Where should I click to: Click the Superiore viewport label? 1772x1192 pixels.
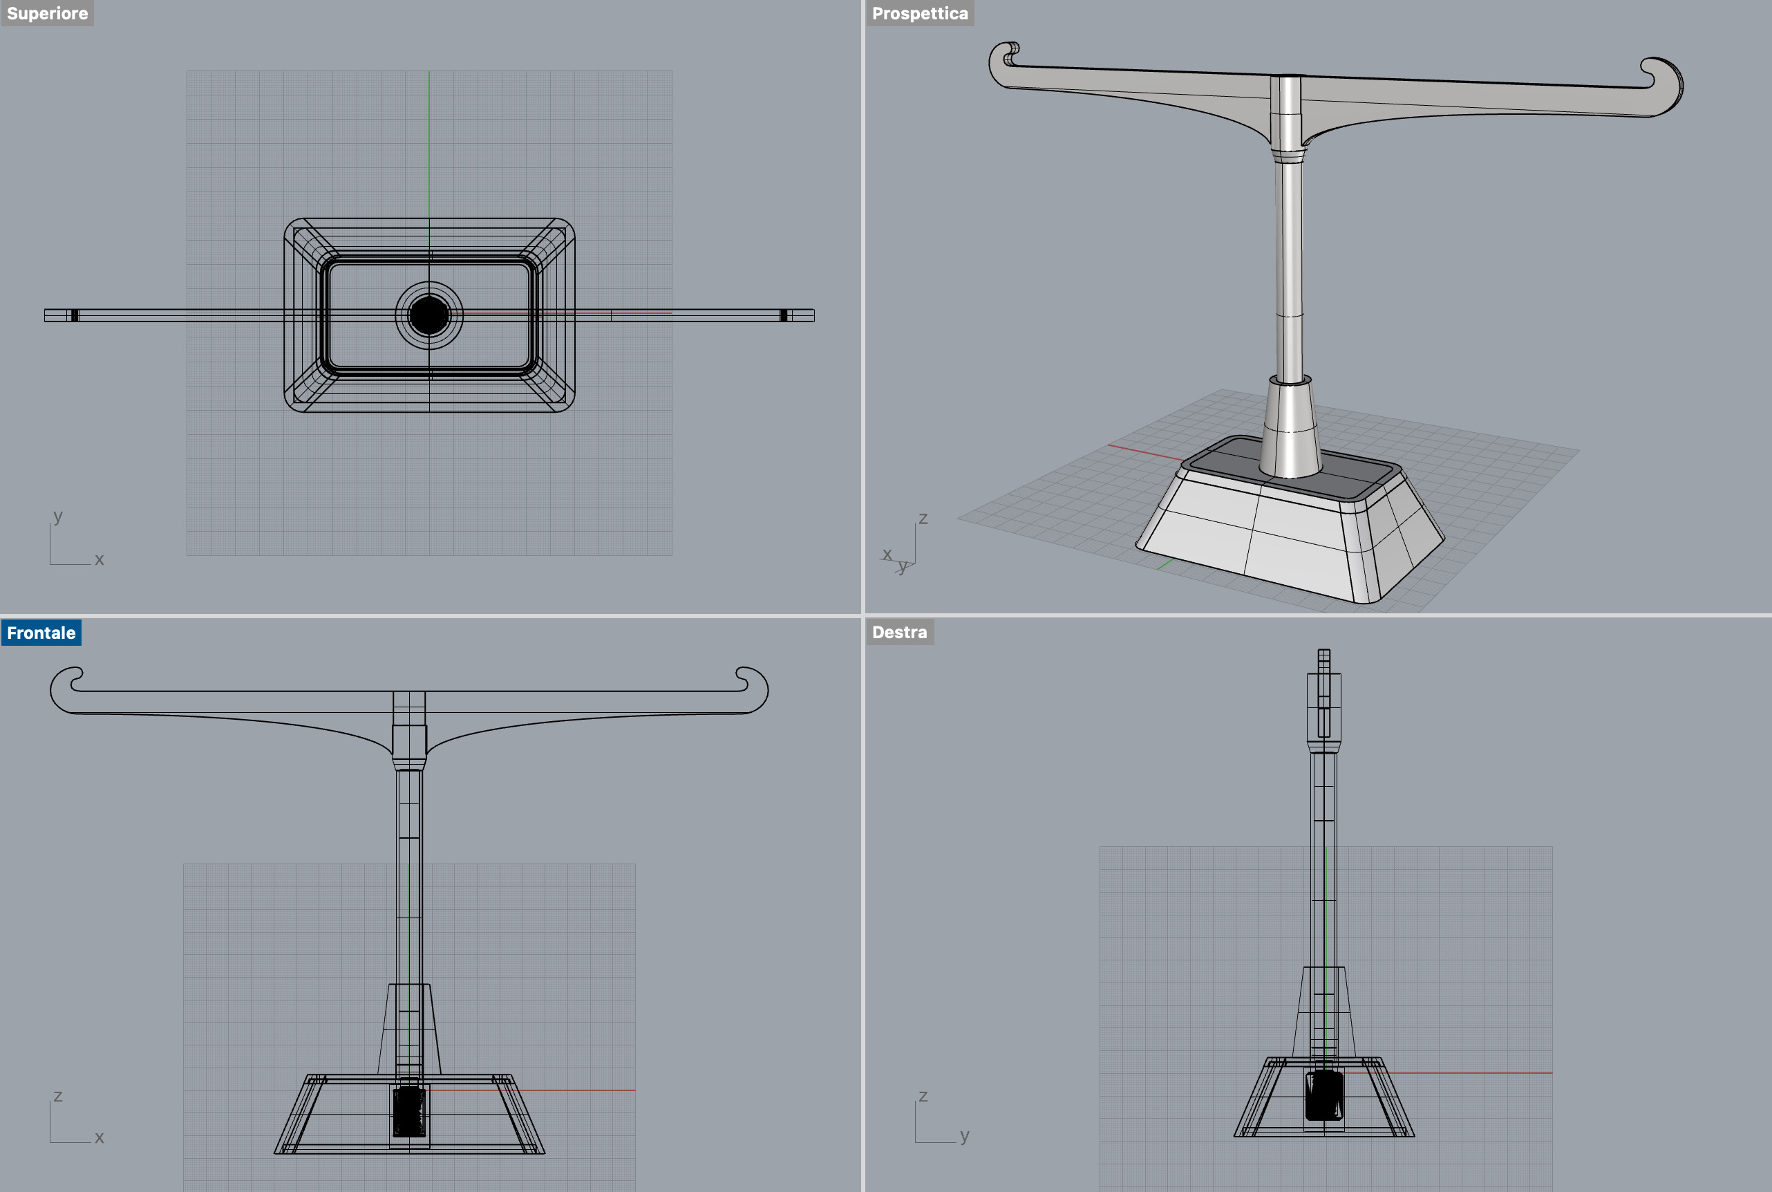(x=47, y=14)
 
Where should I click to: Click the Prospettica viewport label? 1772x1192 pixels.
(x=919, y=14)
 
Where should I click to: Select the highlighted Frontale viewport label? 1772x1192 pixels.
(x=41, y=633)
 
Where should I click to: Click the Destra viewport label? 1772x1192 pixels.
(x=899, y=633)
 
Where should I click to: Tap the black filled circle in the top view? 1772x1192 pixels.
(x=428, y=315)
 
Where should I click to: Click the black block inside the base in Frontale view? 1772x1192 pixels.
(x=409, y=1110)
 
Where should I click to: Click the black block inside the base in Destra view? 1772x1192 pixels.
(x=1323, y=1095)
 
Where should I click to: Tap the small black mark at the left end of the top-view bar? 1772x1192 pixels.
(x=75, y=315)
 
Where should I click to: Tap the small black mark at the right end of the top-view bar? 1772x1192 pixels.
(x=784, y=315)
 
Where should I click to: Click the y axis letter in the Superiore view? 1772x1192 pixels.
(x=58, y=516)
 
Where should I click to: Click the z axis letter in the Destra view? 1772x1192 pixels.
(x=923, y=1095)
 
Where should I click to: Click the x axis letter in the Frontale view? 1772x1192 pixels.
(x=99, y=1137)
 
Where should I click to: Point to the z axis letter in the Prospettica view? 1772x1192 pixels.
(x=923, y=518)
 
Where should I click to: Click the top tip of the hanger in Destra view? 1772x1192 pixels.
(x=1323, y=652)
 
